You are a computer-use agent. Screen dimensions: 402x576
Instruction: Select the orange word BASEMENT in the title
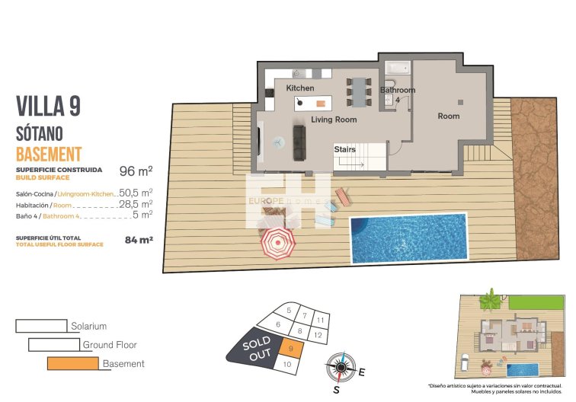pyautogui.click(x=48, y=153)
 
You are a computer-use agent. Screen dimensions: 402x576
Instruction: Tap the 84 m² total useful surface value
pyautogui.click(x=139, y=240)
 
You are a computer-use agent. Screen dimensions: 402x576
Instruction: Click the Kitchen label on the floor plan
pyautogui.click(x=300, y=89)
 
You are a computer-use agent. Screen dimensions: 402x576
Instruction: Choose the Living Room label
pyautogui.click(x=334, y=120)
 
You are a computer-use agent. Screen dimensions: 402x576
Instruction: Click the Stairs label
pyautogui.click(x=344, y=149)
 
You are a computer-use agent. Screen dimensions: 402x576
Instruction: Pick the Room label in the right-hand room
pyautogui.click(x=448, y=116)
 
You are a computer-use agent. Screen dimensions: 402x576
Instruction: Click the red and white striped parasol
pyautogui.click(x=278, y=244)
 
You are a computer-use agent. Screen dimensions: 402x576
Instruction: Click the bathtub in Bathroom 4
pyautogui.click(x=397, y=67)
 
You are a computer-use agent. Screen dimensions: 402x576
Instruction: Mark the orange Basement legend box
pyautogui.click(x=72, y=363)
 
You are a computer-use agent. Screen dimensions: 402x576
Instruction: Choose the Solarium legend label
pyautogui.click(x=88, y=326)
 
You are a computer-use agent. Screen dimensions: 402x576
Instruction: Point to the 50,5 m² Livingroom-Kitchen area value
pyautogui.click(x=136, y=193)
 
